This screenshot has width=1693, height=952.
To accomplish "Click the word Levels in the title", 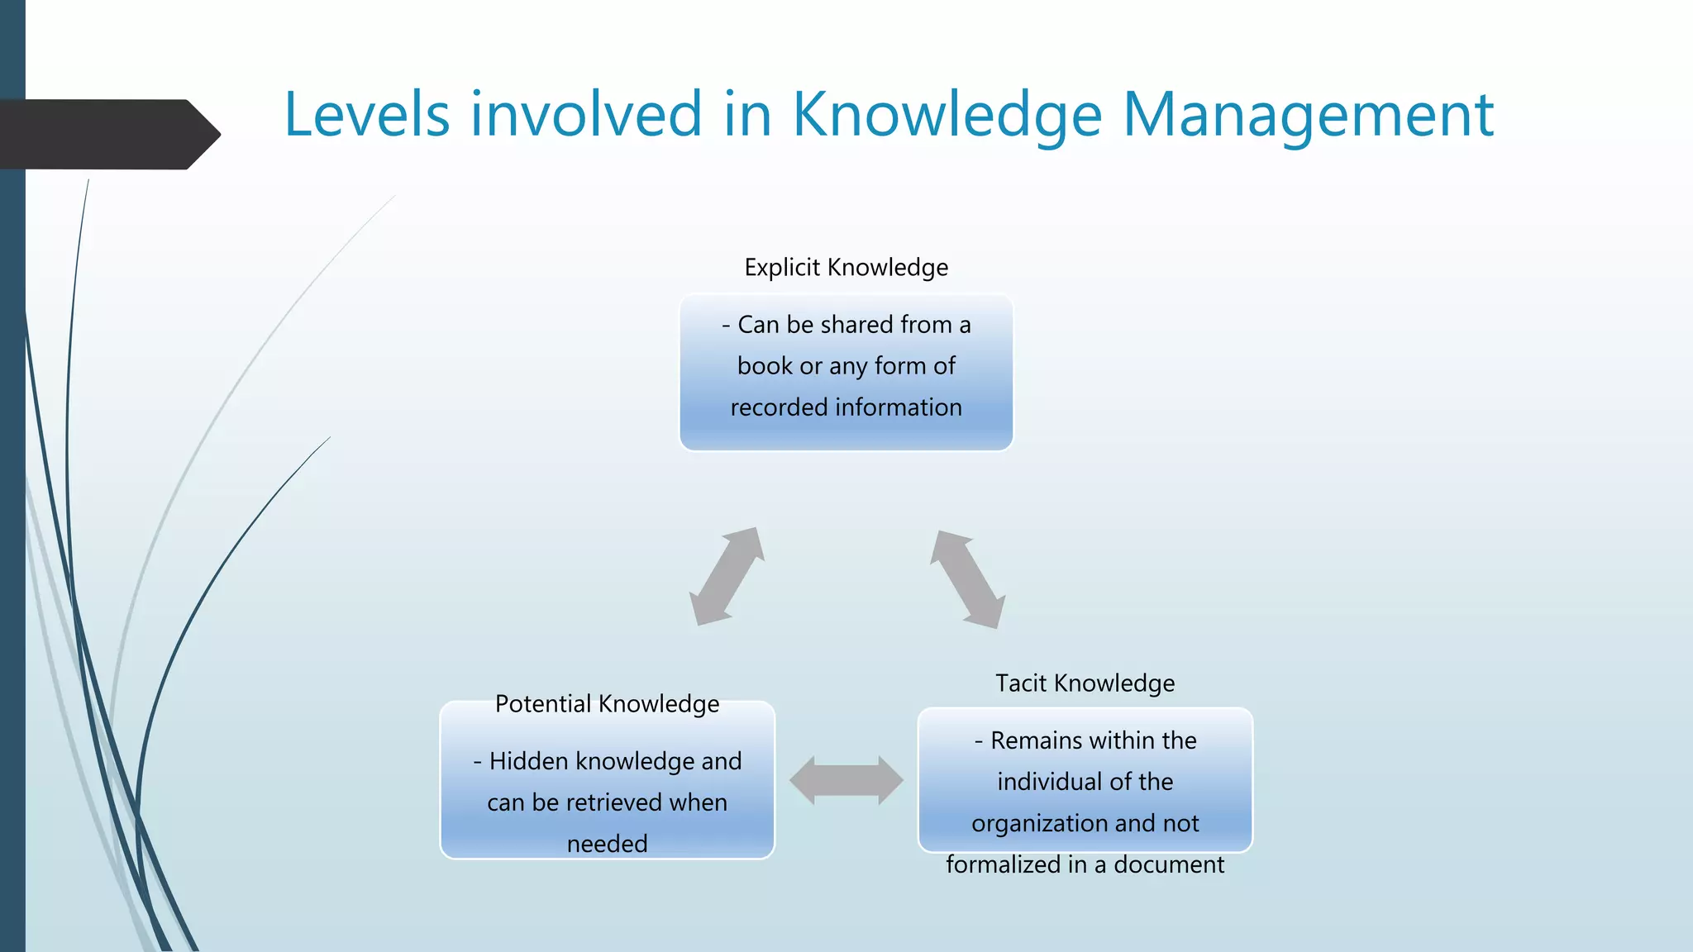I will (x=367, y=114).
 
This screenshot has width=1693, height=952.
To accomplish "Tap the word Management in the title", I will (x=1308, y=114).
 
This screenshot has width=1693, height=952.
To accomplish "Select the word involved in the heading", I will (x=586, y=114).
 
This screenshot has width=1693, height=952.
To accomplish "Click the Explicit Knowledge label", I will (x=846, y=268).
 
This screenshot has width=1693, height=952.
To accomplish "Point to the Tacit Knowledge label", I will (x=1085, y=683).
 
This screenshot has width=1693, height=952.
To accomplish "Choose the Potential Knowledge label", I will (x=607, y=704).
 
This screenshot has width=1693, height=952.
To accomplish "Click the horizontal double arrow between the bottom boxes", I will (x=846, y=780).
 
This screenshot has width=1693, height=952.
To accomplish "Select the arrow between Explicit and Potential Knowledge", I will (x=727, y=576).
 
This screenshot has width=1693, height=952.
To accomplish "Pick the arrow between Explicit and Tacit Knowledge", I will (x=967, y=579).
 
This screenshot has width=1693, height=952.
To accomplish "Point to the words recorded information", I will (x=846, y=407).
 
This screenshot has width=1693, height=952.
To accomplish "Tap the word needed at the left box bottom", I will (x=607, y=844).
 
